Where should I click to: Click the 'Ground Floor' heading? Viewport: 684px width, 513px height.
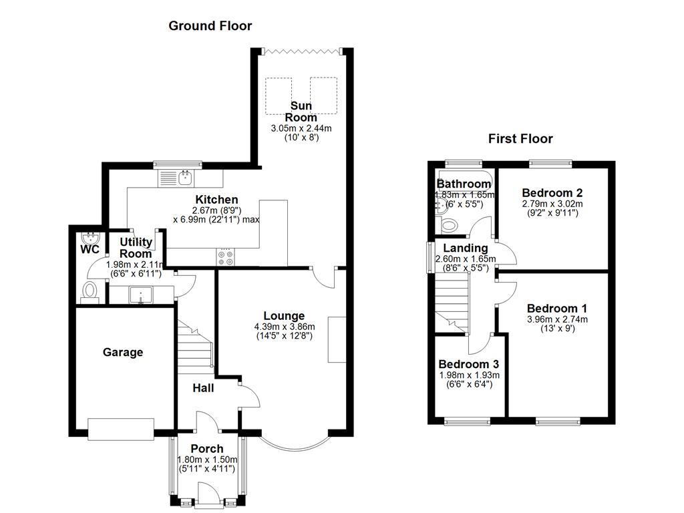click(210, 26)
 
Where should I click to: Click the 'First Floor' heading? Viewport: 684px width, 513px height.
click(520, 139)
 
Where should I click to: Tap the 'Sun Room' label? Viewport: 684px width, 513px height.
click(303, 112)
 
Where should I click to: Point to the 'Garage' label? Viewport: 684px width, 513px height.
click(122, 352)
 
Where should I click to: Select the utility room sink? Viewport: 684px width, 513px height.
click(142, 295)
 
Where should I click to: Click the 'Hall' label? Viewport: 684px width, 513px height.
click(203, 387)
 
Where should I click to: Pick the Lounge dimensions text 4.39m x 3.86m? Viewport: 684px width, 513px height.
click(284, 327)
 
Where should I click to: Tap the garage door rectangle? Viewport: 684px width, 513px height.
click(122, 429)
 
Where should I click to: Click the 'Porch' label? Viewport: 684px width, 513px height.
click(207, 448)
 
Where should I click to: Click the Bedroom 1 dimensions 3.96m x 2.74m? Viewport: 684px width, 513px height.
click(556, 319)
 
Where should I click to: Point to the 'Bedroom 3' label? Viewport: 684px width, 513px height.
click(468, 365)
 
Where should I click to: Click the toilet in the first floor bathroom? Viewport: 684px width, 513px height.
click(449, 226)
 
